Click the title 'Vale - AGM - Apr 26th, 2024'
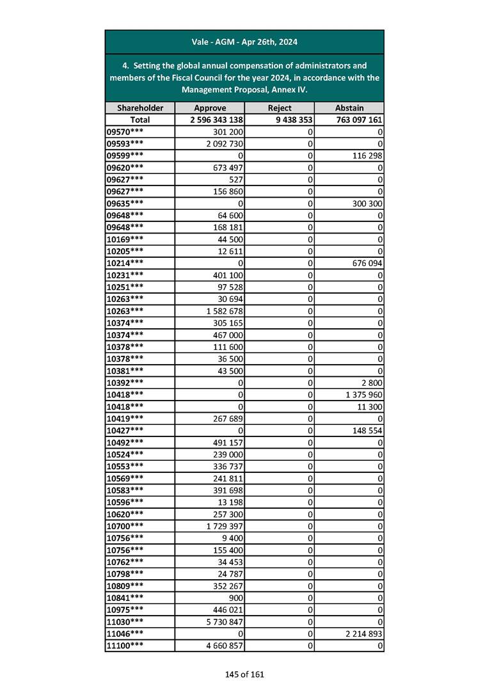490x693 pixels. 244,42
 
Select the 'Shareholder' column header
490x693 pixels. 139,108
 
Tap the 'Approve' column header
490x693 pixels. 210,108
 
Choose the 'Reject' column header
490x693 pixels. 280,108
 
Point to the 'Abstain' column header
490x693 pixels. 349,108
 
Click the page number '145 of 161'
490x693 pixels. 244,674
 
